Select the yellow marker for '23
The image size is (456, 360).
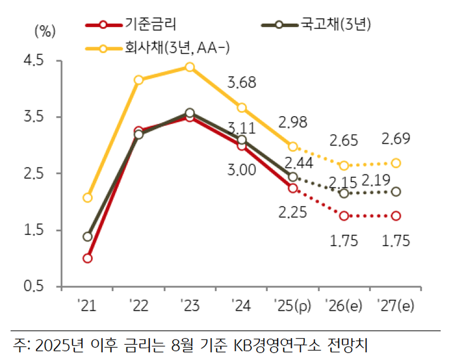[x=190, y=67]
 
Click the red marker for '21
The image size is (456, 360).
[x=88, y=258]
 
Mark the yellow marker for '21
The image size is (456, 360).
[x=88, y=197]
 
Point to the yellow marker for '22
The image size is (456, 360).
[x=139, y=80]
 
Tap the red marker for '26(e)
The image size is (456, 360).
[x=344, y=216]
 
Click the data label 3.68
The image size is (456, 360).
[x=241, y=84]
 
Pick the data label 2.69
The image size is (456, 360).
[x=396, y=140]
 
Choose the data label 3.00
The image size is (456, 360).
[x=241, y=170]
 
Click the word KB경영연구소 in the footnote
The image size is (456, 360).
[x=277, y=345]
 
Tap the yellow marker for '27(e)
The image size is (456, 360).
[x=396, y=163]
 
